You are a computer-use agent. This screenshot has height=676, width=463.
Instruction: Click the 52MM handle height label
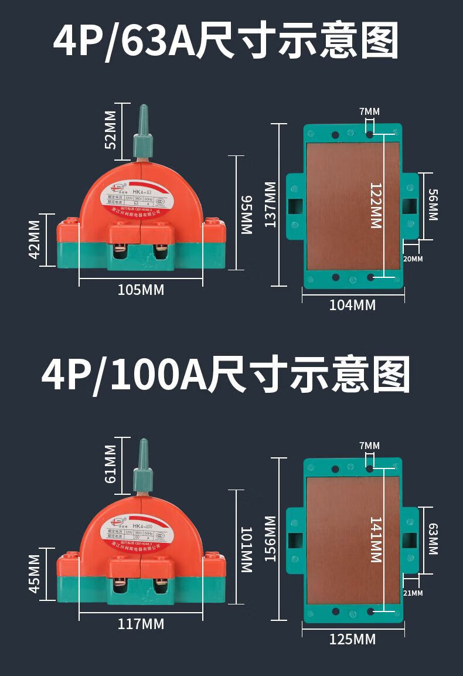pos(110,130)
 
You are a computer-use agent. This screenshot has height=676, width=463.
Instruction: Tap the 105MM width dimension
pos(141,290)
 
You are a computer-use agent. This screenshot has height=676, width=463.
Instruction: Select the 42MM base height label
pos(35,239)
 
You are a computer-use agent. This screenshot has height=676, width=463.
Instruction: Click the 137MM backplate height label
pos(270,205)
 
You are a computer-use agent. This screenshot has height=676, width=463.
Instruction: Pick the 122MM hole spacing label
pos(375,205)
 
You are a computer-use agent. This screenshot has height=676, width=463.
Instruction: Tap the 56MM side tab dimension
pos(433,205)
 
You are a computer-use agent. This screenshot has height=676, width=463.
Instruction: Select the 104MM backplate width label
pos(352,305)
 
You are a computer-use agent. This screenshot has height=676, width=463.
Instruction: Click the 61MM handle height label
pos(110,464)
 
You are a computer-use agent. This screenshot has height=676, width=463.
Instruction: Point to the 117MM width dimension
pos(141,624)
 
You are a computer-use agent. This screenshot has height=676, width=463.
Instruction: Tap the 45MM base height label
pos(35,573)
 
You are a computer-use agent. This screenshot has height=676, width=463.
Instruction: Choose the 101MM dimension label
pos(246,550)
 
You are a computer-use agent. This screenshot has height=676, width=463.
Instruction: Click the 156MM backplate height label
pos(270,539)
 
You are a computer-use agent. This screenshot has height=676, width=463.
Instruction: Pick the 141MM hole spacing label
pos(375,539)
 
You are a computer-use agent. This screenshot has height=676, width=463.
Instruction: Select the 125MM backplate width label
pos(352,639)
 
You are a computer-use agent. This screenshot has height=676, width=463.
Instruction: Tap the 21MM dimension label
pos(413,593)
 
